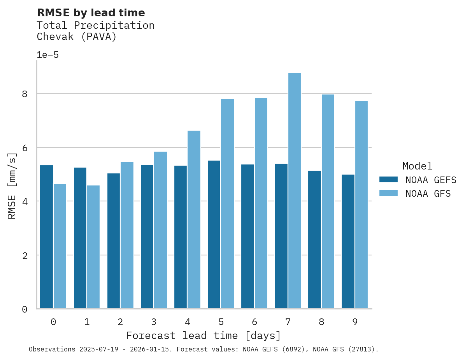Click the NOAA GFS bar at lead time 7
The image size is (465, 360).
[294, 190]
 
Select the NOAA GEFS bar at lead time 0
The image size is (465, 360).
[46, 237]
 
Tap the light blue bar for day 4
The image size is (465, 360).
[194, 220]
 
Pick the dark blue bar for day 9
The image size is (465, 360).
[348, 241]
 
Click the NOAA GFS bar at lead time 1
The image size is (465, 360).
[93, 247]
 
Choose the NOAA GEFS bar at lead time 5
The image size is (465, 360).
[214, 234]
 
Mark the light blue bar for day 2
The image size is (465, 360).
[127, 235]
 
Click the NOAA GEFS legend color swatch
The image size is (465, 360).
[388, 180]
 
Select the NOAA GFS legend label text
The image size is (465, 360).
[428, 194]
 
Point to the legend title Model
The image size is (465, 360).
[417, 166]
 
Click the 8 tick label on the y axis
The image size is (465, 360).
[25, 94]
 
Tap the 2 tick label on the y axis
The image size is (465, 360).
[25, 255]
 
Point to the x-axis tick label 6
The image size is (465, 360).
[254, 322]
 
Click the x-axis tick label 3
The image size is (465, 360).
[154, 322]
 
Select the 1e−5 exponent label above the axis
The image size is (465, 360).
[47, 55]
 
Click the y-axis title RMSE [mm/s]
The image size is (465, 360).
[12, 186]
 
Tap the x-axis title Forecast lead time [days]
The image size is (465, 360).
[203, 336]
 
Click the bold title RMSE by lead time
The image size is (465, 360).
[91, 13]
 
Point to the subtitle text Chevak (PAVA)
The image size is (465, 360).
[77, 37]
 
